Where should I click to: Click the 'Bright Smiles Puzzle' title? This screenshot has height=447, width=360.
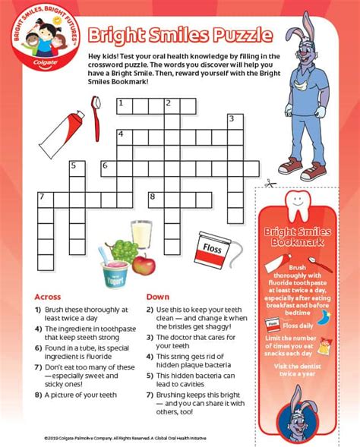181,36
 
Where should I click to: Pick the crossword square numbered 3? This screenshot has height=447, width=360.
232,121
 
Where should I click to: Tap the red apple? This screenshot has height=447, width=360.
144,263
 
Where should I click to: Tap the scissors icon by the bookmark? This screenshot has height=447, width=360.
269,183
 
